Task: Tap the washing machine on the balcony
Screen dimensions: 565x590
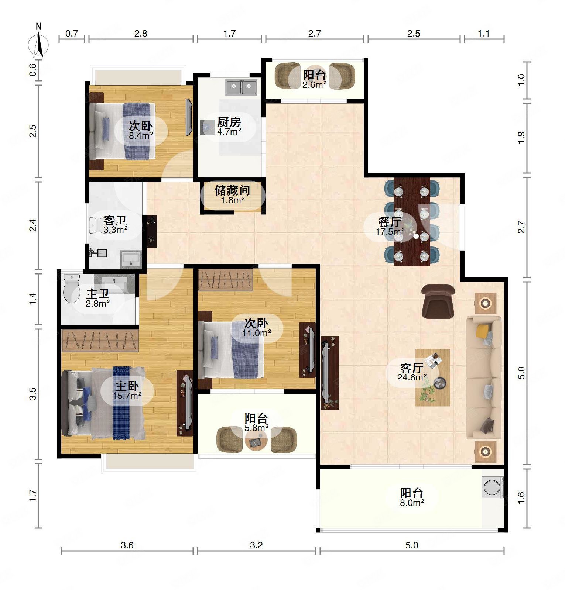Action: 493,487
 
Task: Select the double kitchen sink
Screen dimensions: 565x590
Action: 241,87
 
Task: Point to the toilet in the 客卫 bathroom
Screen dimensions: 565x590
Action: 98,225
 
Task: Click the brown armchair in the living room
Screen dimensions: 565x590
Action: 438,301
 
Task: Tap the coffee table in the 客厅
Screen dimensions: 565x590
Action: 432,377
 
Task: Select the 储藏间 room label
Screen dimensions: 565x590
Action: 232,190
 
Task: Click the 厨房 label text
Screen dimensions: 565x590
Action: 229,122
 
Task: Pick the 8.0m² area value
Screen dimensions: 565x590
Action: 412,503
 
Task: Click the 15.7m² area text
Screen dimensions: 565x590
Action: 127,396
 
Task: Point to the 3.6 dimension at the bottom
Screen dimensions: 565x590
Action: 127,545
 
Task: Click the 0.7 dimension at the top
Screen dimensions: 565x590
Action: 72,34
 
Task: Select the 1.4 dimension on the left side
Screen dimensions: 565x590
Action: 33,299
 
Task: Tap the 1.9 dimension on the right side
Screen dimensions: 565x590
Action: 521,138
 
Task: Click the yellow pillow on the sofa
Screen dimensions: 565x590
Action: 483,331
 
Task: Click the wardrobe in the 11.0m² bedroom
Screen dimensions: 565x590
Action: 225,280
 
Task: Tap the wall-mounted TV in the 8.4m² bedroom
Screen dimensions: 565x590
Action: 189,117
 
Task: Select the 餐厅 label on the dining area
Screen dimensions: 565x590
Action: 390,222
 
